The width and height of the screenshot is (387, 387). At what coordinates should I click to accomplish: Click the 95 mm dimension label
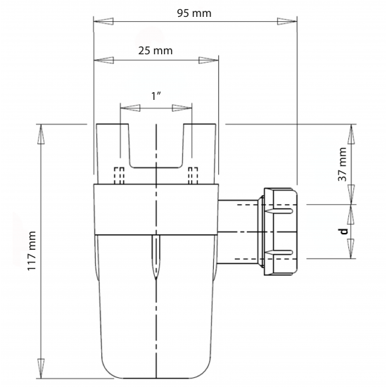click(x=196, y=13)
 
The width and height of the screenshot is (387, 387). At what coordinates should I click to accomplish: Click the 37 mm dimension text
click(x=343, y=165)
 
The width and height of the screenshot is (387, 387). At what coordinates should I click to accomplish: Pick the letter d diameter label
click(x=343, y=231)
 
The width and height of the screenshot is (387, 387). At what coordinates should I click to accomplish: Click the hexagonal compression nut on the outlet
click(x=281, y=231)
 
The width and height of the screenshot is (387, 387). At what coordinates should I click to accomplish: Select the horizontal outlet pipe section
click(x=239, y=231)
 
